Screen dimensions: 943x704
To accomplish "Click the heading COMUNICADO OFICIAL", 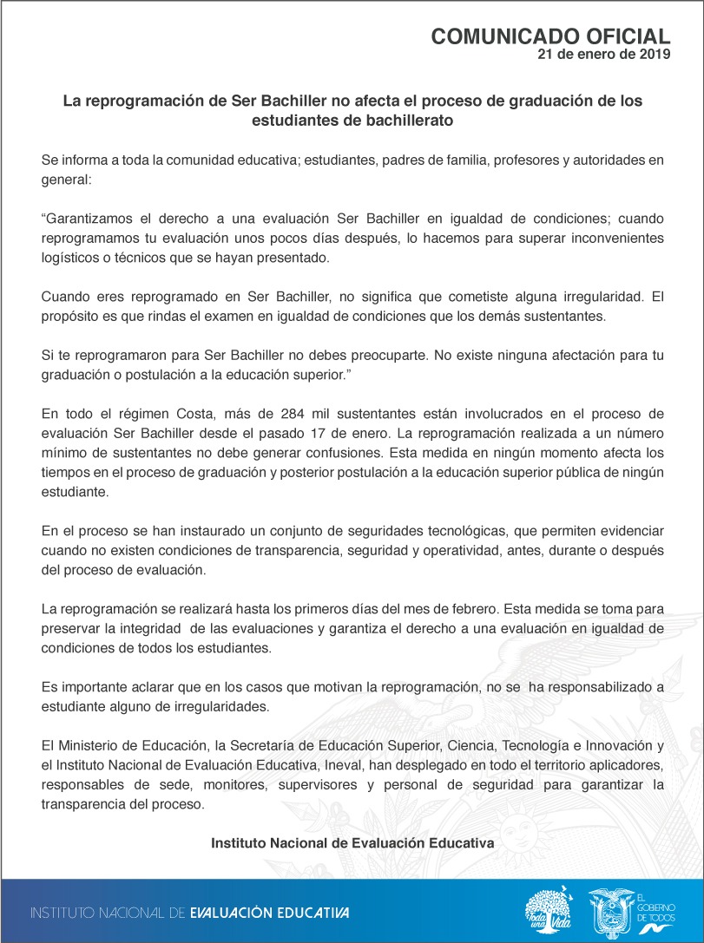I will point(550,36).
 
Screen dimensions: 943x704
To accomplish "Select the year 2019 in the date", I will point(653,54).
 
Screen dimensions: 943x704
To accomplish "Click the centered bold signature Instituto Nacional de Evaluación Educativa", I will point(352,843).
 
